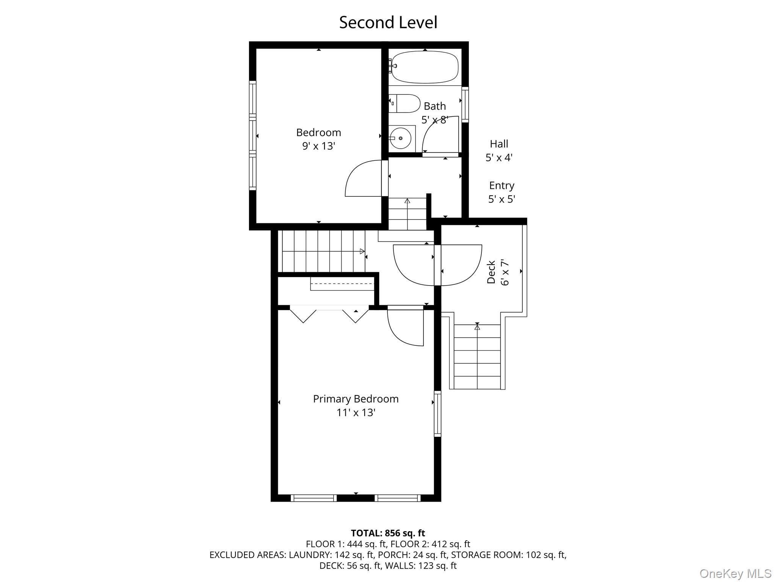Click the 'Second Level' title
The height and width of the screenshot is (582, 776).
(388, 23)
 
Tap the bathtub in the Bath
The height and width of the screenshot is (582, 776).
(425, 67)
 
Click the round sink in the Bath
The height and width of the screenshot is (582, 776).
(400, 138)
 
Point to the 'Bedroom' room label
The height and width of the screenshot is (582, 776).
(318, 133)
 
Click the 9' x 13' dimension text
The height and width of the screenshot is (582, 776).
(318, 146)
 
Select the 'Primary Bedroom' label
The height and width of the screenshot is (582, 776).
(356, 399)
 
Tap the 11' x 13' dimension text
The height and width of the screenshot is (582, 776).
(356, 413)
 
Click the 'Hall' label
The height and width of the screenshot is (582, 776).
(499, 144)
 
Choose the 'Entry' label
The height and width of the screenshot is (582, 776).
(502, 186)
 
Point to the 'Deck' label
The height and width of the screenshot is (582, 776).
(491, 272)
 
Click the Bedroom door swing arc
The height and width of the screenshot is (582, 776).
(362, 178)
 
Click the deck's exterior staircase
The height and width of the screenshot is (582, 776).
(477, 356)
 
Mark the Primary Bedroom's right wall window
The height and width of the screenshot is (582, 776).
(437, 413)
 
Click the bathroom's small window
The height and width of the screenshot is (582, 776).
(465, 104)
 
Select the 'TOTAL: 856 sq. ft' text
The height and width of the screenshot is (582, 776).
(388, 533)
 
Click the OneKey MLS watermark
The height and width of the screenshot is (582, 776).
(735, 573)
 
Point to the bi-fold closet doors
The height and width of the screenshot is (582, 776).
(329, 314)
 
